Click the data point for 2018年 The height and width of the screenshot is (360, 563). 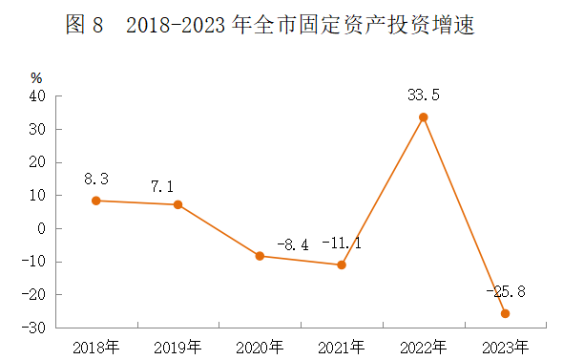tap(96, 201)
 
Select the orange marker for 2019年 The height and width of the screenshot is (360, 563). tap(177, 204)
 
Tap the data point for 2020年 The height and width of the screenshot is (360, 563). tap(260, 256)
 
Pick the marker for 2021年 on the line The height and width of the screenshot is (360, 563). tap(342, 265)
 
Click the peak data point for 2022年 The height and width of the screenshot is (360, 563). tap(423, 117)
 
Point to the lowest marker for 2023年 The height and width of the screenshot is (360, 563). tap(505, 313)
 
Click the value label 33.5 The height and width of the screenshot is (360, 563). tap(423, 95)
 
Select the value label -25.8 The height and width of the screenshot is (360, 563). tap(504, 290)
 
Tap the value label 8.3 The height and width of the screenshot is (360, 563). tap(96, 178)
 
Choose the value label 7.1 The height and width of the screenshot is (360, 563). tap(177, 182)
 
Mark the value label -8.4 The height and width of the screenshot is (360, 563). tap(292, 244)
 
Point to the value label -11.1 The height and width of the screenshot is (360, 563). tap(342, 243)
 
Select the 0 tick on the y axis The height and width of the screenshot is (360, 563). tap(42, 229)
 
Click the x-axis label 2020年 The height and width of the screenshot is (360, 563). tap(260, 346)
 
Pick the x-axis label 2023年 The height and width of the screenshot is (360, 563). tap(505, 346)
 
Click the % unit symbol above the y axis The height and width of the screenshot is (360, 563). tap(36, 77)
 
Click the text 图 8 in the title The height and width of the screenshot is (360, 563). tap(84, 26)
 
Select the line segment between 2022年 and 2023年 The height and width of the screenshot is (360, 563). tap(464, 216)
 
